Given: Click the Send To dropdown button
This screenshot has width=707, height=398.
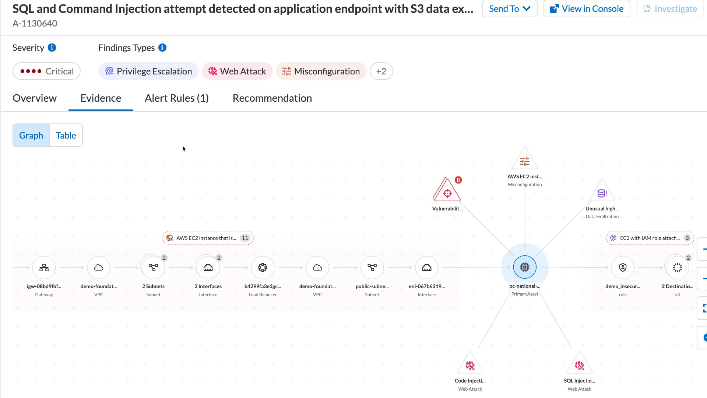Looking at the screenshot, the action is [510, 9].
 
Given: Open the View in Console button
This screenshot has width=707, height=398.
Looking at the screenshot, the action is [587, 9].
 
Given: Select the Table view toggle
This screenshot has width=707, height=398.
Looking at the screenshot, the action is [66, 135].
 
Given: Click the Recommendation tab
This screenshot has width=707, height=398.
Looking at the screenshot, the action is [272, 98].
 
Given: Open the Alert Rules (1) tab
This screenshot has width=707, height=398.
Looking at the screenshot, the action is [177, 98].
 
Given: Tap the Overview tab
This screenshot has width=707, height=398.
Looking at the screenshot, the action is [35, 98].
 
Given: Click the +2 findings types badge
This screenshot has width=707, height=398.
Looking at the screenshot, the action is [381, 71].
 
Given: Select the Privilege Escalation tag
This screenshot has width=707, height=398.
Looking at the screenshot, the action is [148, 71].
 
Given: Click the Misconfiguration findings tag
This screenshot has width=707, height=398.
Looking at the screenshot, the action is [321, 71].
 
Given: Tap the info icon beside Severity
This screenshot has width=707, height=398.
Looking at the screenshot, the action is [52, 48].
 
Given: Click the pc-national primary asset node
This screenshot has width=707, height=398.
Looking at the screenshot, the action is [525, 267].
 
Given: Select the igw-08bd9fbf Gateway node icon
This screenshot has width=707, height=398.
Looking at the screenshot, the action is [44, 268].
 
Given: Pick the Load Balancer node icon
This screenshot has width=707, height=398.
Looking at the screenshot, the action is [263, 268].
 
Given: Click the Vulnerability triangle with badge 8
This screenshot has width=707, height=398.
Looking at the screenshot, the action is [447, 190].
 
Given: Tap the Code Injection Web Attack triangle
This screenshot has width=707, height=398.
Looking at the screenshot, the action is [470, 364].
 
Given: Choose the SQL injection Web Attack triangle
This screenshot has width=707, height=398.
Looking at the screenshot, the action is [579, 364].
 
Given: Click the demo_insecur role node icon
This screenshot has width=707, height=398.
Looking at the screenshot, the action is [623, 268].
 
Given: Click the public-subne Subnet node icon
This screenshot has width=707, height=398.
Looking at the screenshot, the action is [372, 268].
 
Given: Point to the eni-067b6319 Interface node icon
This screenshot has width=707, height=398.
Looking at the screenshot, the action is [427, 268].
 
